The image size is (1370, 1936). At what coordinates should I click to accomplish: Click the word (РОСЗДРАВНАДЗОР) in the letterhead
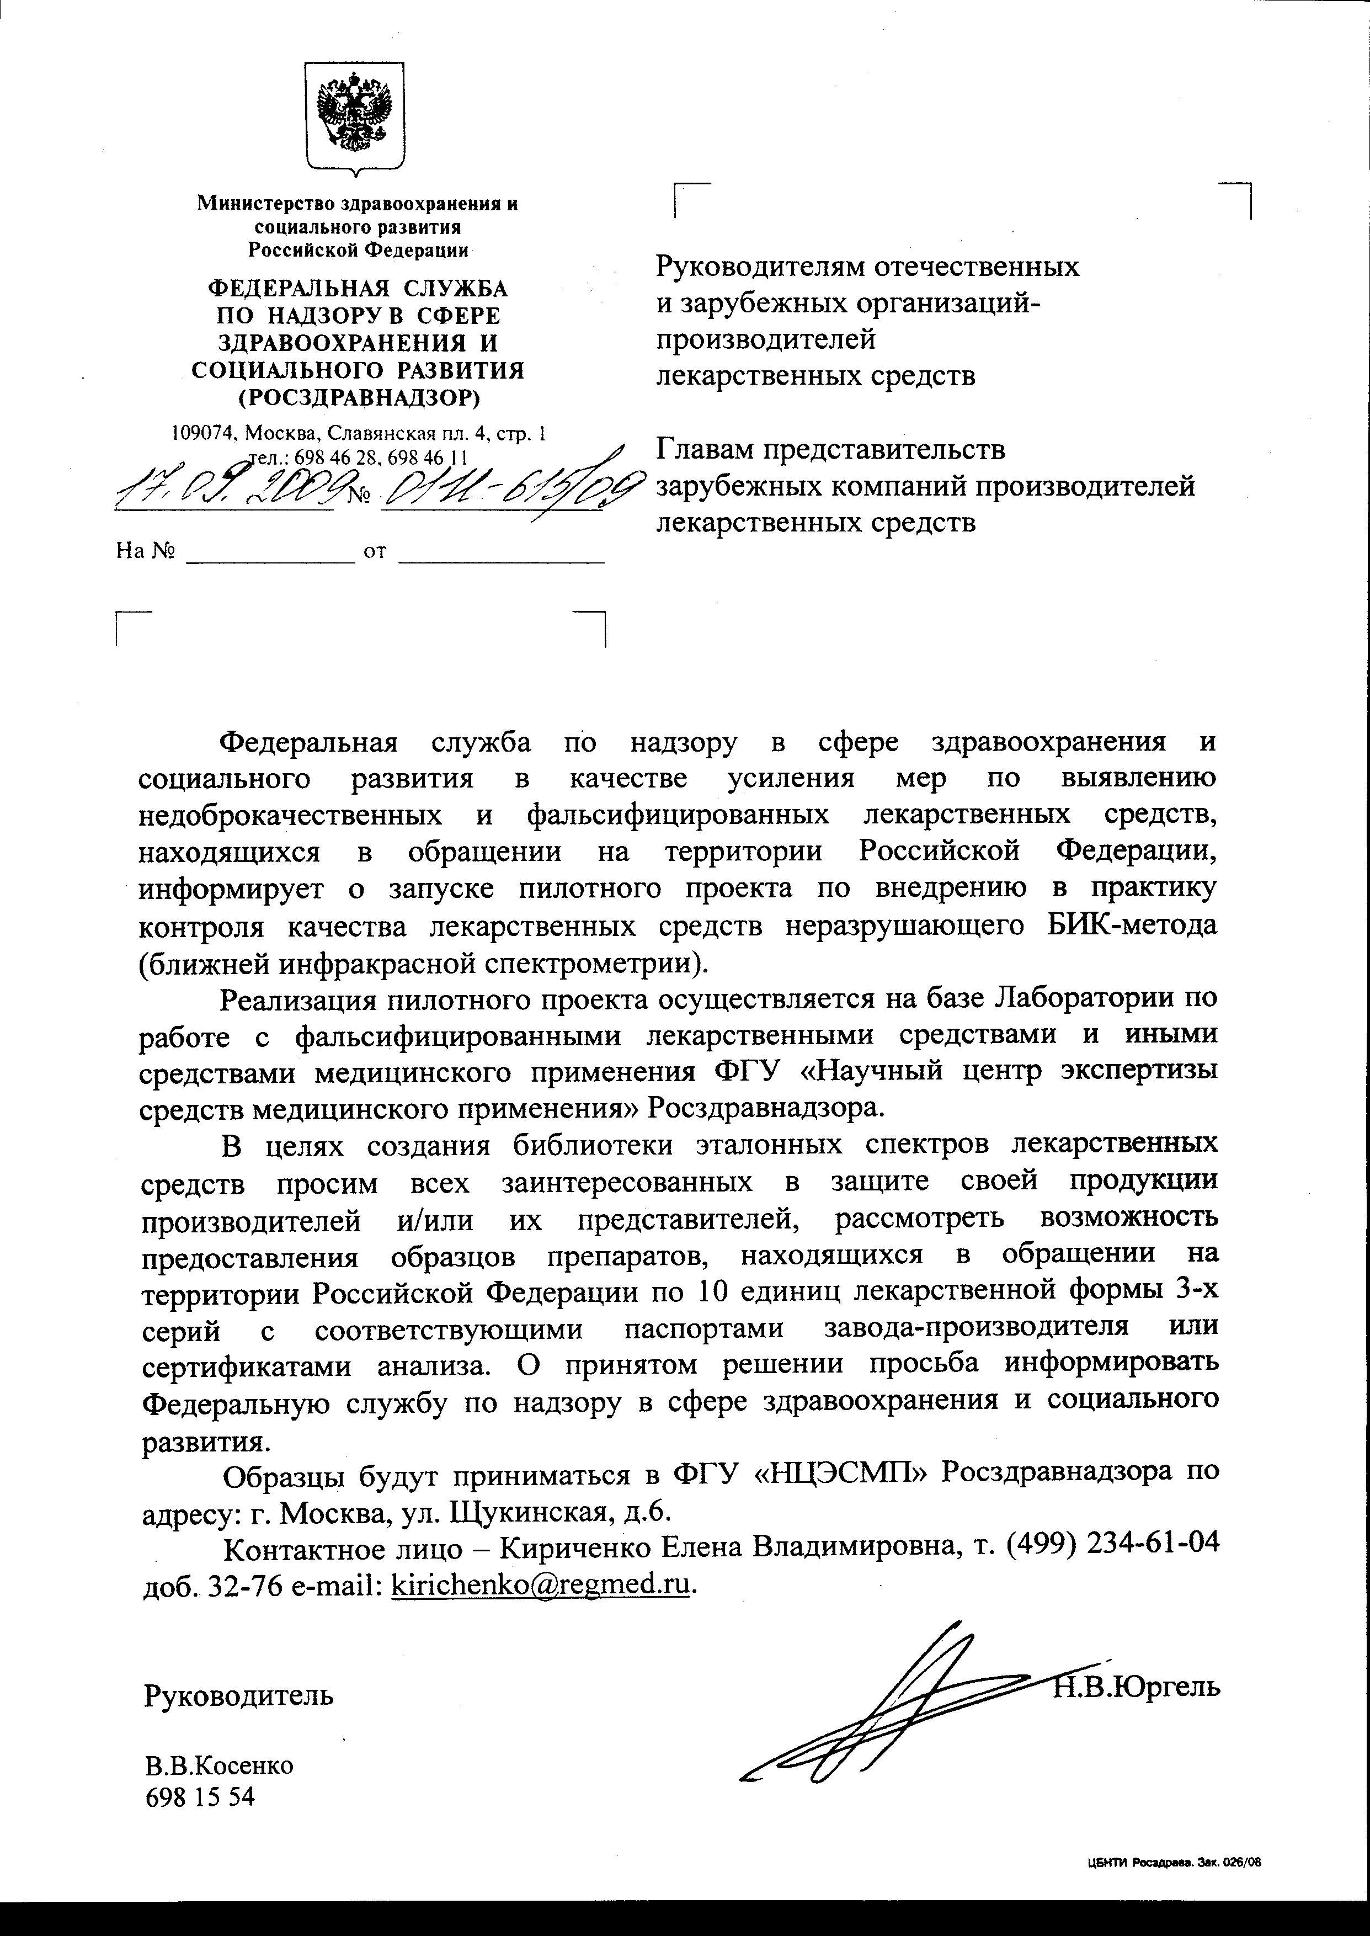tap(358, 396)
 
